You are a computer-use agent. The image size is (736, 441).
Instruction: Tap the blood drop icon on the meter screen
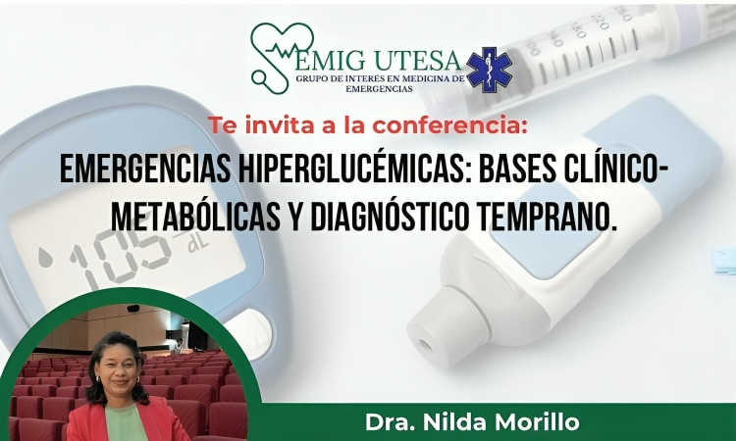tap(45, 258)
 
